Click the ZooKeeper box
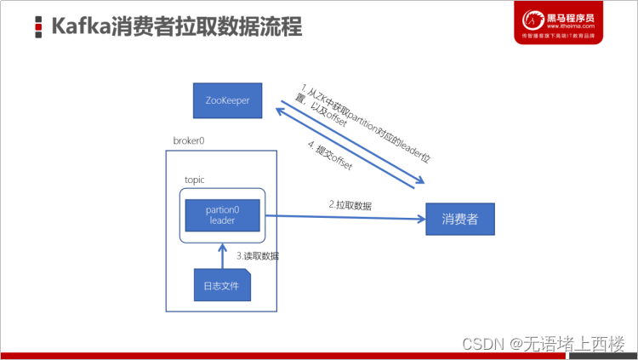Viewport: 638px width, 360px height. click(226, 101)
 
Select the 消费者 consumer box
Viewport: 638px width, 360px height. click(459, 219)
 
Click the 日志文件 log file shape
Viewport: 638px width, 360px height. click(221, 284)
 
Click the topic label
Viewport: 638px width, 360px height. click(195, 180)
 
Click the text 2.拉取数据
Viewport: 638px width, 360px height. click(350, 205)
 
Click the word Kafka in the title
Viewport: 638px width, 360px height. click(81, 26)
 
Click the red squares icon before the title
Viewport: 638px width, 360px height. click(39, 27)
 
